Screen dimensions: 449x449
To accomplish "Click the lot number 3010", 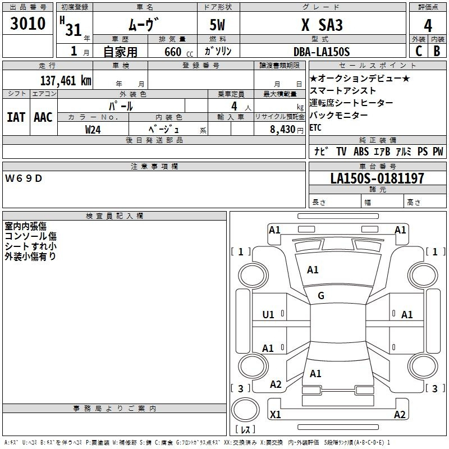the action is pos(28,24).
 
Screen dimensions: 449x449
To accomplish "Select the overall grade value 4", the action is pos(428,26).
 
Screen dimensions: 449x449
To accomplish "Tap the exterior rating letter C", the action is pos(419,51).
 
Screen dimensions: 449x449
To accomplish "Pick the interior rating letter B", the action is pos(437,51).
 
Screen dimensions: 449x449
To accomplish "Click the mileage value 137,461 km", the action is pos(66,81).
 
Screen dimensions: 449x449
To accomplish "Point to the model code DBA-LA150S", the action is pos(322,52).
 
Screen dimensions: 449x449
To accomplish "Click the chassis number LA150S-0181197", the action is pos(377,178).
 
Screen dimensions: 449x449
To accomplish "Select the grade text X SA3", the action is pos(322,25).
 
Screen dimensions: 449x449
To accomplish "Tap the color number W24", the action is pos(93,130).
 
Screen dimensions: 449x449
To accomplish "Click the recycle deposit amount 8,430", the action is pos(283,130).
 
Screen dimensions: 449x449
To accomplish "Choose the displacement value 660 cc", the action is pos(178,52).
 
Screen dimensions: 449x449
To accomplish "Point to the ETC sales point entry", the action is pos(315,127).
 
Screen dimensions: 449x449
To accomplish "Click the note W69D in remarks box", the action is pos(24,178).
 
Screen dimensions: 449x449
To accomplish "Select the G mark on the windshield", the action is pos(321,296).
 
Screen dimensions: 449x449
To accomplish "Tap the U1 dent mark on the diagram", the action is pos(268,315).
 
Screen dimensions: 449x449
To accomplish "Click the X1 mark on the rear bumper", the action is pos(275,414).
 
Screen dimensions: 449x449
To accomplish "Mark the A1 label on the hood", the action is pos(313,270).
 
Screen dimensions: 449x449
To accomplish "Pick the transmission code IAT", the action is pos(16,117).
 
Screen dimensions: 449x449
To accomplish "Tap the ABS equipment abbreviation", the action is pos(361,151).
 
